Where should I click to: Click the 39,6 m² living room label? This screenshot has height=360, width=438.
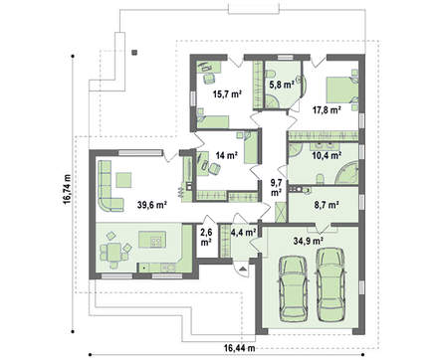(152, 205)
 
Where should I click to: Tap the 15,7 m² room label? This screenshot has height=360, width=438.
(227, 94)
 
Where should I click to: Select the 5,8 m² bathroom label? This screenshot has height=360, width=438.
(282, 85)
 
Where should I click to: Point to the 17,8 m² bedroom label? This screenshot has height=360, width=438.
(327, 109)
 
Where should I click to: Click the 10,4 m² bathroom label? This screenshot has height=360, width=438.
(328, 155)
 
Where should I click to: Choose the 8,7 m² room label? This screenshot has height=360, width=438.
(327, 205)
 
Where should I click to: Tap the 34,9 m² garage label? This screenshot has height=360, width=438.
(309, 241)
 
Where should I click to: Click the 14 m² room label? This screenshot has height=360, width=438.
(227, 155)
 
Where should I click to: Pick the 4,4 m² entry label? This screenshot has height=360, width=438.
(243, 233)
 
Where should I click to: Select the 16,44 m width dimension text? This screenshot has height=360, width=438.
(239, 348)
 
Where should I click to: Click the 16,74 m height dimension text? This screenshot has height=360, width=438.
(68, 191)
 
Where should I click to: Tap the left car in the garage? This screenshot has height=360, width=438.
(293, 288)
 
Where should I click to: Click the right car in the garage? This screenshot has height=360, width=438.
(330, 284)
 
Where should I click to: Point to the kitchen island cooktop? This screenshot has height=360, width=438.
(156, 241)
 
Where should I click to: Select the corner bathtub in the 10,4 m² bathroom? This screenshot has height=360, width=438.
(347, 172)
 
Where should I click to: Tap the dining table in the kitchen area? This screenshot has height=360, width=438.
(113, 253)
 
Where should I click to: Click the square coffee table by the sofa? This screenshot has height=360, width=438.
(123, 180)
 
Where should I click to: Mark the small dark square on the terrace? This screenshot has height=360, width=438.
(134, 53)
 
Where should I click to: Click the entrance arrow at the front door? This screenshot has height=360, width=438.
(243, 268)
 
